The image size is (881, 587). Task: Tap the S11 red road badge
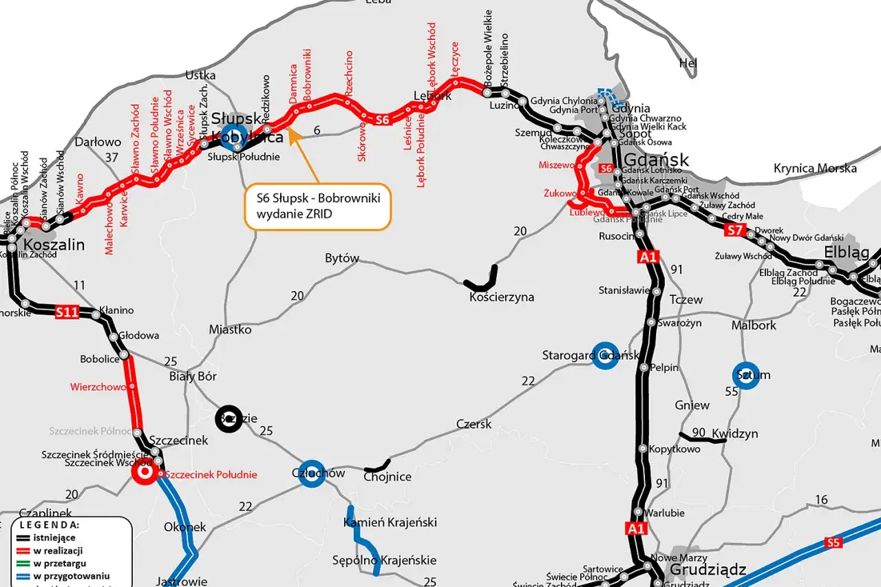[67, 312]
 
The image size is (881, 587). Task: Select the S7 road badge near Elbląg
[734, 231]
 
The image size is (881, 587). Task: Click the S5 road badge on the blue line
[834, 543]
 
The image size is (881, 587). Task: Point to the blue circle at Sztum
[745, 375]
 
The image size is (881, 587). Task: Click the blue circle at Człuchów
[312, 473]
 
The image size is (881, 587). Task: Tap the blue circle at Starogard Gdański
[605, 355]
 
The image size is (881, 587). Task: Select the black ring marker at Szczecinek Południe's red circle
[145, 473]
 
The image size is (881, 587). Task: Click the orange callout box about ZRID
[317, 206]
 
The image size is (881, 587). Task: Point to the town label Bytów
[342, 259]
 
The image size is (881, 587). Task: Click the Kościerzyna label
[502, 297]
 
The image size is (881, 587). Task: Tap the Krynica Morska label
[815, 168]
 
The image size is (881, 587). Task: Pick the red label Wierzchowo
[98, 387]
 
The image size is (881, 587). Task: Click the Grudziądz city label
[698, 570]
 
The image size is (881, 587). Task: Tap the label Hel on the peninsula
[688, 63]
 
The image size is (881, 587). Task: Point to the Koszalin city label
[54, 245]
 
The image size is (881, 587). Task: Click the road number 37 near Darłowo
[112, 158]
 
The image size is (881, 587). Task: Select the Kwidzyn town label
[734, 434]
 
